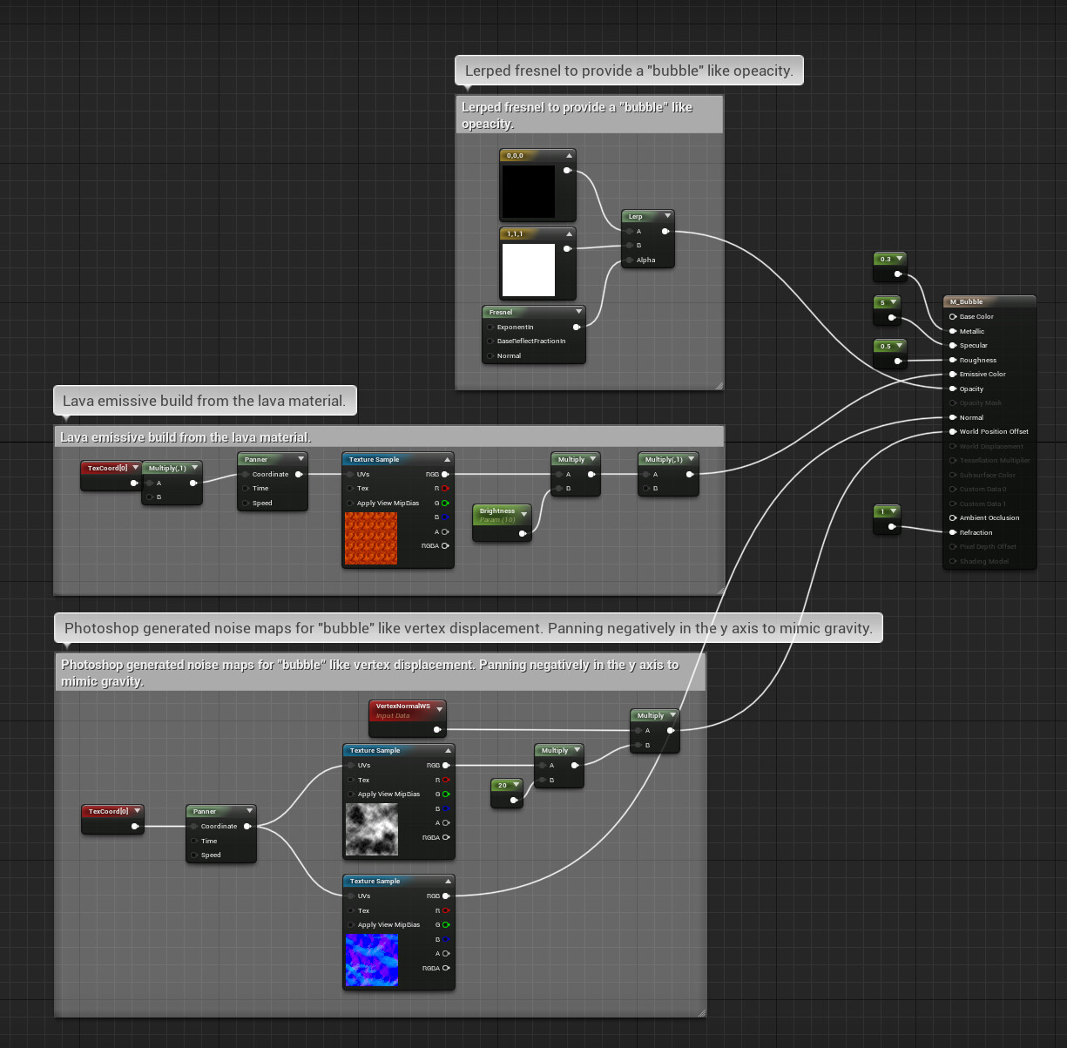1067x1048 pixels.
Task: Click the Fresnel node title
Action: [x=501, y=312]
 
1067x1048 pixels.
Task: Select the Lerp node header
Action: [x=637, y=216]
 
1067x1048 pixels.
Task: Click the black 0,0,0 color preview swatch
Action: [x=528, y=192]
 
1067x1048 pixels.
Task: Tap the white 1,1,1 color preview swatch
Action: [x=528, y=270]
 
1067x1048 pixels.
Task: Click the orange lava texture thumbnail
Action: [x=371, y=538]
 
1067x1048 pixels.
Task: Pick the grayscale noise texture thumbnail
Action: [x=372, y=829]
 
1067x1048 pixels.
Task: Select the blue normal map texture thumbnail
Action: [x=372, y=960]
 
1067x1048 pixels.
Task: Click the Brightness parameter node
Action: [x=498, y=512]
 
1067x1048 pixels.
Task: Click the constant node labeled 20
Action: [x=503, y=785]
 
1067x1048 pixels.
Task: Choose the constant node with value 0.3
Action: [x=886, y=259]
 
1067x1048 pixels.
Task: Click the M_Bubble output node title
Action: [x=966, y=301]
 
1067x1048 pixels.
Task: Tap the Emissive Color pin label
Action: [x=983, y=374]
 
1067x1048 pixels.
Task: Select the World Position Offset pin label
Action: [x=994, y=431]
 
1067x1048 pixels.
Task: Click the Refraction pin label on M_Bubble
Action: [x=976, y=532]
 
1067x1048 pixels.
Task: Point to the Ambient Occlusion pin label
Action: [x=989, y=517]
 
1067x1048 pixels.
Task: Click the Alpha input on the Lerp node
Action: [x=645, y=260]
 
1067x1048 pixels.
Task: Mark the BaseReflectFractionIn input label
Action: [x=531, y=341]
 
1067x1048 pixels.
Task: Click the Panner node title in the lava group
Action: [x=256, y=459]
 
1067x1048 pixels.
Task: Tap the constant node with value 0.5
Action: [x=886, y=346]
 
